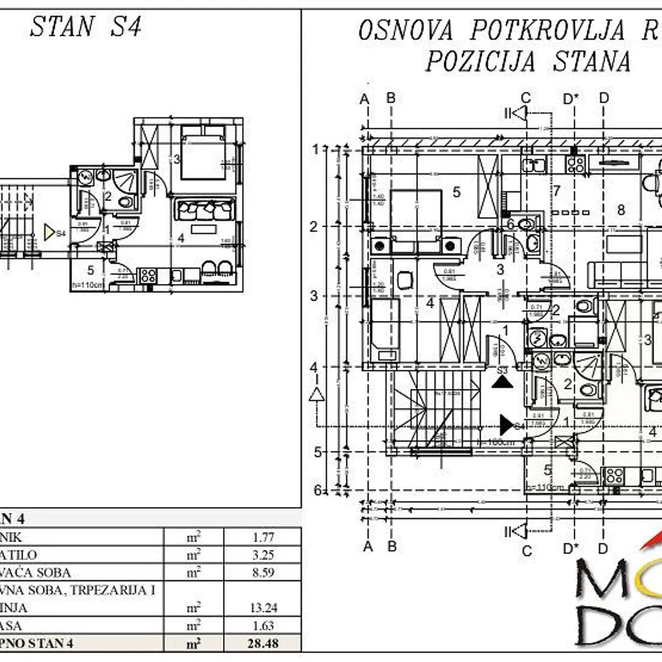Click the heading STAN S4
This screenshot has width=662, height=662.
tap(86, 28)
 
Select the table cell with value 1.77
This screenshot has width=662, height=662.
tap(263, 538)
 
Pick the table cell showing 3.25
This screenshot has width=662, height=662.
tap(263, 555)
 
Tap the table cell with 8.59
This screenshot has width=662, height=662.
tap(263, 573)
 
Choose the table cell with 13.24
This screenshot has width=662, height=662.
tap(263, 607)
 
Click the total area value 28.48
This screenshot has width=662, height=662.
tap(263, 643)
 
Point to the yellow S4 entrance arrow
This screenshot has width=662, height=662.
tap(49, 232)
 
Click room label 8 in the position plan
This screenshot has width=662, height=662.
tap(620, 211)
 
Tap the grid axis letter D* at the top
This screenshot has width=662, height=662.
tap(571, 99)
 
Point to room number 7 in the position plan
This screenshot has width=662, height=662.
tap(557, 191)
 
